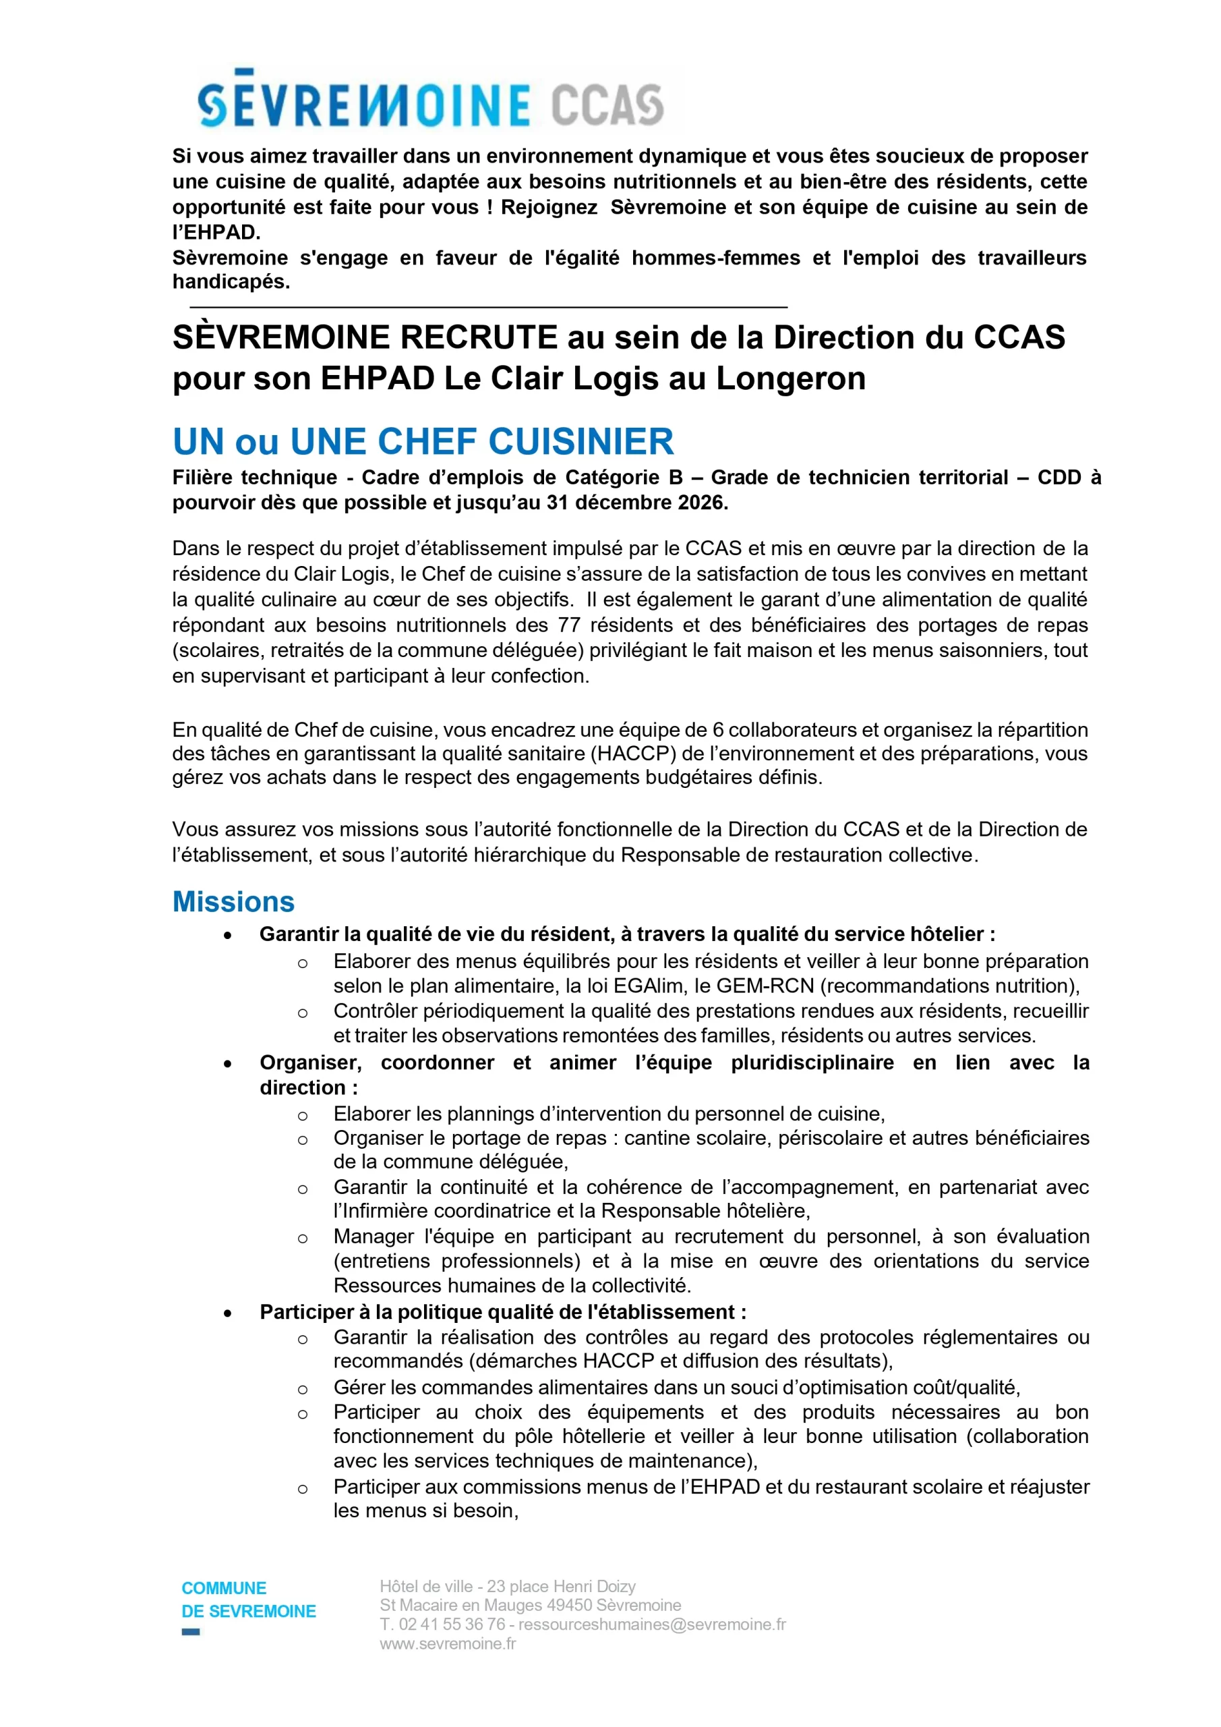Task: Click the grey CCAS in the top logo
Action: (x=607, y=105)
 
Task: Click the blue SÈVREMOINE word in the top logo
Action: (x=364, y=103)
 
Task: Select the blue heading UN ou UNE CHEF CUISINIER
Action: (x=423, y=441)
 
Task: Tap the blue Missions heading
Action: (x=233, y=902)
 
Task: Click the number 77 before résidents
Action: (x=568, y=625)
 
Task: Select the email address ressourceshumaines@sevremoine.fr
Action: (x=652, y=1624)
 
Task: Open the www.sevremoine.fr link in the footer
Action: (x=448, y=1643)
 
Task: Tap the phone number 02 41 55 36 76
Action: (x=452, y=1624)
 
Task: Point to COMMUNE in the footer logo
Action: (x=224, y=1589)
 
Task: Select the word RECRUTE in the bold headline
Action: (x=478, y=337)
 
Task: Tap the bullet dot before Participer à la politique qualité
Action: (x=228, y=1313)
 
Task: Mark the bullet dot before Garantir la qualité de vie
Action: (x=228, y=935)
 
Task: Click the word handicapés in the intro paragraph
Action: (x=231, y=282)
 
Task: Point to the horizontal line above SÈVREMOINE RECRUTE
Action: (x=489, y=307)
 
